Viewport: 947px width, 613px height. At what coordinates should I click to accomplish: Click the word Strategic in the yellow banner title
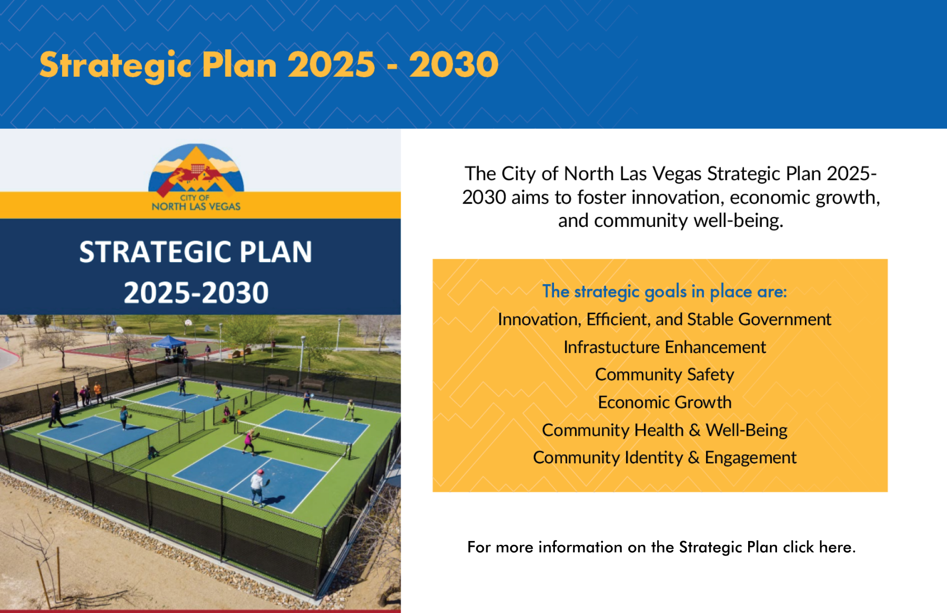[x=116, y=65]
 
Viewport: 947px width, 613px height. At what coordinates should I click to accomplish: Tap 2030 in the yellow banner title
[x=454, y=64]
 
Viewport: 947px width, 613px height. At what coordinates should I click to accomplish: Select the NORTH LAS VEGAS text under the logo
[x=196, y=207]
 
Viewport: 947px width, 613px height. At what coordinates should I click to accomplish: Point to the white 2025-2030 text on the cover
[x=196, y=292]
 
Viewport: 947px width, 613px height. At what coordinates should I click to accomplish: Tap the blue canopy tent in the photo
[x=169, y=342]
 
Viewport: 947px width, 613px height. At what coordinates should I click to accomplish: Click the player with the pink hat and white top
[x=258, y=488]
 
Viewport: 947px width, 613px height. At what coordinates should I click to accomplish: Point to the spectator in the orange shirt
[x=98, y=393]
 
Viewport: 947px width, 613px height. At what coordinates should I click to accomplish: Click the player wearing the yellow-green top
[x=349, y=410]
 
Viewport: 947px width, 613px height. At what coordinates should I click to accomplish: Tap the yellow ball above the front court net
[x=288, y=439]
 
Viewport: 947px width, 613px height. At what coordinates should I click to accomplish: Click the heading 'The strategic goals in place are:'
[x=664, y=292]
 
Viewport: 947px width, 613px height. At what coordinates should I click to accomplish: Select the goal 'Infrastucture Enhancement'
[x=664, y=347]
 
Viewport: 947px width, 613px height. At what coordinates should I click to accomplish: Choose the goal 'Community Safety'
[x=664, y=375]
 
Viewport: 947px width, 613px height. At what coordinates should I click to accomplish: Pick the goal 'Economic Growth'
[x=664, y=402]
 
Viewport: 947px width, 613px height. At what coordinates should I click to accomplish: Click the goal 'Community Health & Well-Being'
[x=664, y=430]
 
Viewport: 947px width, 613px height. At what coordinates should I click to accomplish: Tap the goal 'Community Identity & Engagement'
[x=664, y=458]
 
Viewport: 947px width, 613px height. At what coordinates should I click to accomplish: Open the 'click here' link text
[x=819, y=547]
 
